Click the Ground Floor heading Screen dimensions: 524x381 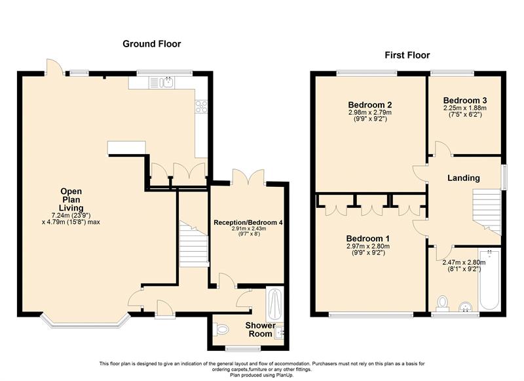point(152,44)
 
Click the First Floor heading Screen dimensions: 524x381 point(407,55)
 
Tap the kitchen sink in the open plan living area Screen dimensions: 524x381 point(162,82)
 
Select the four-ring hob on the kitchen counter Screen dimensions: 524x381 point(201,107)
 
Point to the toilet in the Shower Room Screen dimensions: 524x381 point(221,329)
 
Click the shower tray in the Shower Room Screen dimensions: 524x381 point(274,304)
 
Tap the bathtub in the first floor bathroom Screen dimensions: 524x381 point(489,279)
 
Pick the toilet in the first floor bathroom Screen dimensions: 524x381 point(443,303)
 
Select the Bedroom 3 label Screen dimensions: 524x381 point(465,100)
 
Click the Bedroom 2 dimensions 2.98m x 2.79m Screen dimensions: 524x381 point(369,112)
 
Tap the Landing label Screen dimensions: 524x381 point(464,178)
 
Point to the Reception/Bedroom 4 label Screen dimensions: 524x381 point(248,222)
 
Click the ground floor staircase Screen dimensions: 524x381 point(194,244)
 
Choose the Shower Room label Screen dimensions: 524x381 point(260,329)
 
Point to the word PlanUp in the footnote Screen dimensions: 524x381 point(284,375)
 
